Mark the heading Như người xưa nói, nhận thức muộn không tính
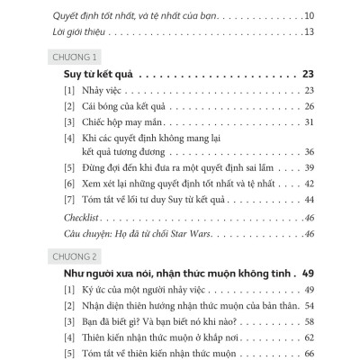167,273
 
